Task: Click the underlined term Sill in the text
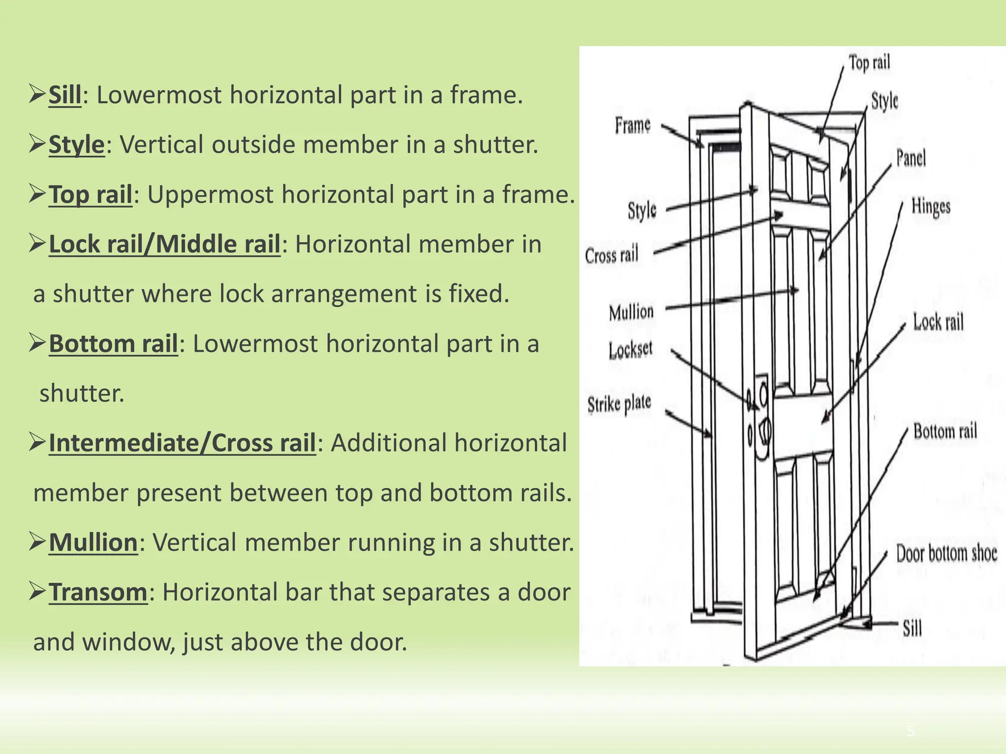[x=65, y=95]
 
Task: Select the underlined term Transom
[x=98, y=592]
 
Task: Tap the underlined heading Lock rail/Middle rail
[x=165, y=244]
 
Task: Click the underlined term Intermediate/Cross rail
[x=182, y=443]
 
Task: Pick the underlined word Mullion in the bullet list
[x=93, y=542]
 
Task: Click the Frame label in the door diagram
[x=633, y=125]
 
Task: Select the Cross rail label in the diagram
[x=612, y=255]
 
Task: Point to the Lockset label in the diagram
[x=631, y=350]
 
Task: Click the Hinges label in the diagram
[x=931, y=206]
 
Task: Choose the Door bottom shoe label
[x=946, y=553]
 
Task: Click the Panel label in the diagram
[x=911, y=158]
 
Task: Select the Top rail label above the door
[x=869, y=63]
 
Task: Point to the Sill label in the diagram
[x=912, y=628]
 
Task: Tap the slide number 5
[x=911, y=731]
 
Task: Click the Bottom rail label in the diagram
[x=945, y=431]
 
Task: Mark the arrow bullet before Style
[x=37, y=144]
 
